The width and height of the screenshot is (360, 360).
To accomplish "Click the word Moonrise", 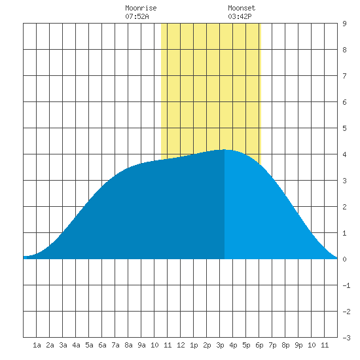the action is pyautogui.click(x=141, y=8).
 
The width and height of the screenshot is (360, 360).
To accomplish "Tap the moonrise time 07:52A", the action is pyautogui.click(x=137, y=16).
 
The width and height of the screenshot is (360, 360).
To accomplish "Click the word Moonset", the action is pyautogui.click(x=242, y=8).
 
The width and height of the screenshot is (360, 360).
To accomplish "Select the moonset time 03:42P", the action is pyautogui.click(x=240, y=16).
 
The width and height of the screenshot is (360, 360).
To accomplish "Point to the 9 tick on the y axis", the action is pyautogui.click(x=344, y=24).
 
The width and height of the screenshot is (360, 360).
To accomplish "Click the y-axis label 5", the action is pyautogui.click(x=344, y=128).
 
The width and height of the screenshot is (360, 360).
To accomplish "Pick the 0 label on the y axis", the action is pyautogui.click(x=344, y=259).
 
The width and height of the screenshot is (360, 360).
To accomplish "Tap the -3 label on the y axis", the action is pyautogui.click(x=346, y=338).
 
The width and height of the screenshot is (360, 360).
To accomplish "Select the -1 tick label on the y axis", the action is pyautogui.click(x=346, y=285).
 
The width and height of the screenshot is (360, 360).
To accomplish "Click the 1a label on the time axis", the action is pyautogui.click(x=37, y=345).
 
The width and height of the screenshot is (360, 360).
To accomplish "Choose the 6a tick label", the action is pyautogui.click(x=102, y=345).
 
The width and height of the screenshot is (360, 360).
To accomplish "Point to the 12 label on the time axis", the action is pyautogui.click(x=181, y=345).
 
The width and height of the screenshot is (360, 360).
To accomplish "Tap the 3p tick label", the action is pyautogui.click(x=220, y=345).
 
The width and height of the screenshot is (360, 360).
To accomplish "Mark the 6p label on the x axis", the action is pyautogui.click(x=259, y=345).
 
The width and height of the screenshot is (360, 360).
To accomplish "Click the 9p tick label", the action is pyautogui.click(x=298, y=345).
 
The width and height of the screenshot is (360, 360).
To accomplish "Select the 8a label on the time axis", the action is pyautogui.click(x=128, y=345).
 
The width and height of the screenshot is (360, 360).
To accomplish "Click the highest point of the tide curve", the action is pyautogui.click(x=225, y=150).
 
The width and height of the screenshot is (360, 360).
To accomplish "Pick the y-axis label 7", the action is pyautogui.click(x=344, y=76).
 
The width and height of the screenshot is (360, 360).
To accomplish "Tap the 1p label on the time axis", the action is pyautogui.click(x=194, y=345).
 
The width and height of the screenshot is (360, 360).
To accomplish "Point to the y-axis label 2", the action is pyautogui.click(x=344, y=207).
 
